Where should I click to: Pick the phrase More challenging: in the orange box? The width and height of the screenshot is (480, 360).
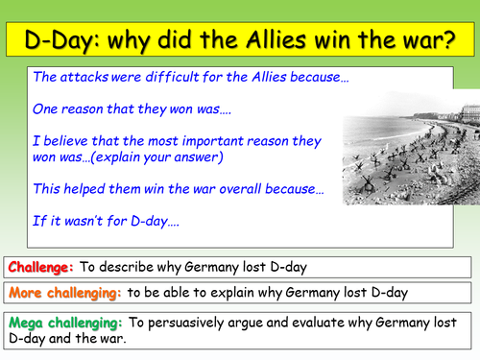pos(61,291)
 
